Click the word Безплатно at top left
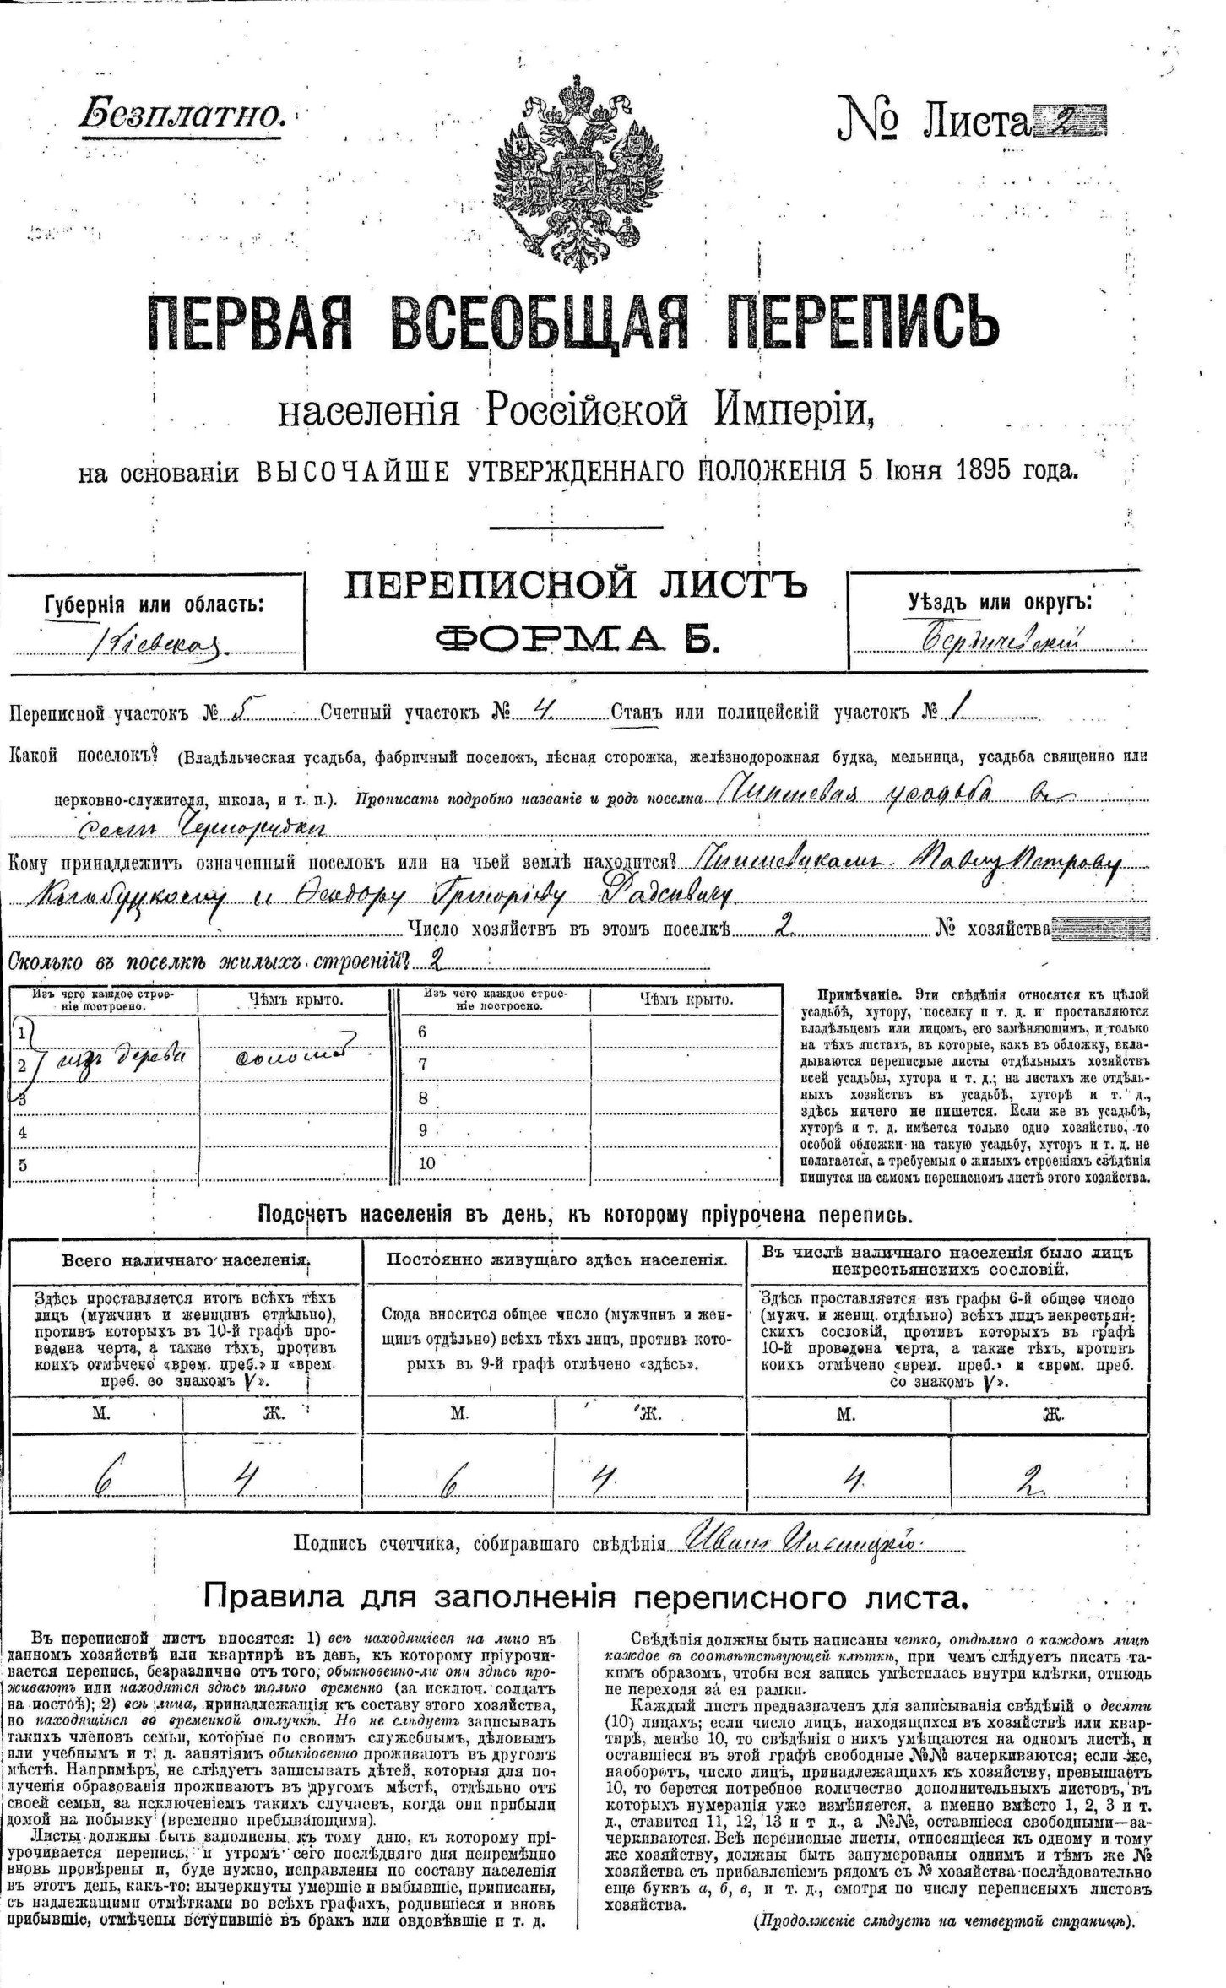click(182, 114)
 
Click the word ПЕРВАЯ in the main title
click(250, 322)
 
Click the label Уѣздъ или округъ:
click(1000, 602)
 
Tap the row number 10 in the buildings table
click(426, 1163)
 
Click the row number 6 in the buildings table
click(423, 1032)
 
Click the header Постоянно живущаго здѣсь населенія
click(556, 1259)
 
